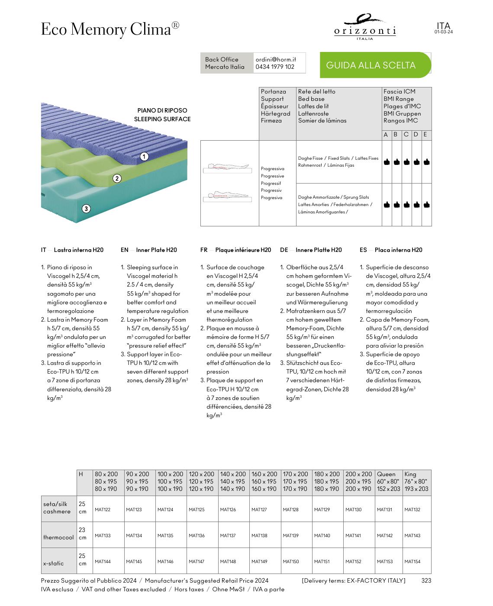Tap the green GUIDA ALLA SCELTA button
tap(371, 65)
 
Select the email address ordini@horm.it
tap(276, 59)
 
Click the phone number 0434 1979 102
tap(275, 67)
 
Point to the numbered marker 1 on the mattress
tap(144, 157)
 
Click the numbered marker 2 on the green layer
tap(117, 178)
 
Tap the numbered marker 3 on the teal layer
tap(86, 209)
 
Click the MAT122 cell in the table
tap(103, 509)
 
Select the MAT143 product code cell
tap(412, 535)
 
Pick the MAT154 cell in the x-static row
tap(412, 561)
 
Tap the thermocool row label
tap(58, 537)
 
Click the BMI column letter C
tap(406, 135)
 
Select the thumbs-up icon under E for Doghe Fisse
tap(427, 162)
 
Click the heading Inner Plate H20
tap(156, 250)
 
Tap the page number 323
tap(426, 580)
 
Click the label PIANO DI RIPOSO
tap(162, 110)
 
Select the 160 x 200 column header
tap(264, 474)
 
